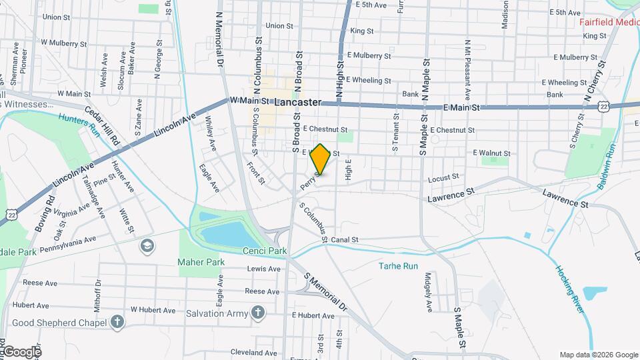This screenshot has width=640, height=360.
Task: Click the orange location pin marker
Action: [321, 159]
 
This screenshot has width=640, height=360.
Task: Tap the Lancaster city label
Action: [297, 103]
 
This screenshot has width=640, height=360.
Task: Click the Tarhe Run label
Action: [398, 265]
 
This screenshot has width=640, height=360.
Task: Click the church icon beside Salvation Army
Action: [257, 313]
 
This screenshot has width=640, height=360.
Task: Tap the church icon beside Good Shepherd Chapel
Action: [117, 323]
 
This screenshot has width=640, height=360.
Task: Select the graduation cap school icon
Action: [146, 247]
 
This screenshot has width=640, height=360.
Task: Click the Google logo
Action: [21, 351]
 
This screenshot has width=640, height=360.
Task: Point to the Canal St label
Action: [345, 239]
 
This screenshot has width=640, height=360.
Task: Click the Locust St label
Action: [443, 178]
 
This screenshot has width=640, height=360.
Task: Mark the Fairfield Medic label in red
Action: [609, 22]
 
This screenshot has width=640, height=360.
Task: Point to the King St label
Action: [361, 31]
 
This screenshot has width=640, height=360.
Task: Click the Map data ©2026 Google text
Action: [598, 355]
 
